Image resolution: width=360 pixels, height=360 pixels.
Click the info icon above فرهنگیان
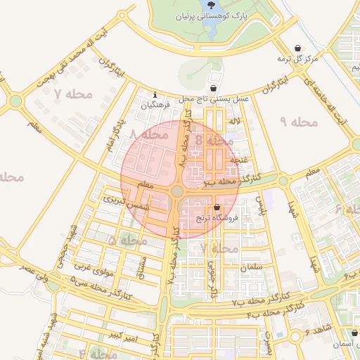point(155,94)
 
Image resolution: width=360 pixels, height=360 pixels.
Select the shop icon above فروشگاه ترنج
point(216,207)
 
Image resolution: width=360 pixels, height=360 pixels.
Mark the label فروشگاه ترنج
point(218,219)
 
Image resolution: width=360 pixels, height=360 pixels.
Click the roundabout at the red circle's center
point(176,191)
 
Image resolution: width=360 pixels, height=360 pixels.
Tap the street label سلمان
point(250,268)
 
